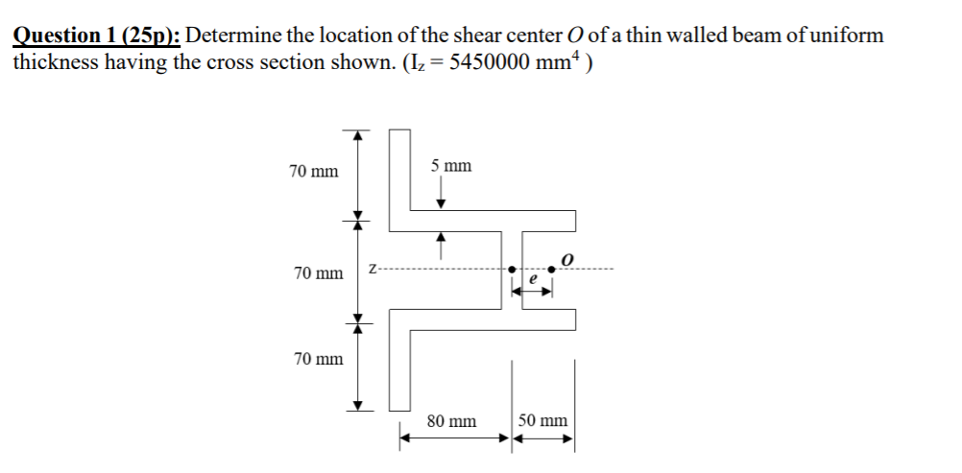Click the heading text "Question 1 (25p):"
(96, 36)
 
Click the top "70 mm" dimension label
(314, 172)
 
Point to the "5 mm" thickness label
(450, 166)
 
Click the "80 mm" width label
(451, 421)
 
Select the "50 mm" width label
(542, 421)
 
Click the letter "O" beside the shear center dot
(567, 259)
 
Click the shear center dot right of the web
(551, 270)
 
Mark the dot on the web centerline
(513, 270)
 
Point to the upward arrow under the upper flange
(441, 245)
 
